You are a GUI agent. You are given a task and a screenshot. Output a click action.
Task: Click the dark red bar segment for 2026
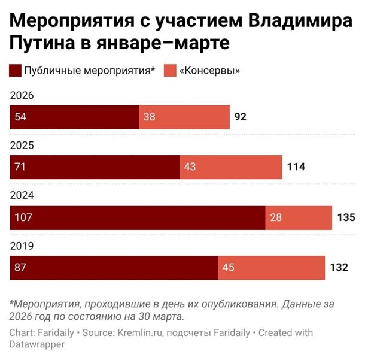74,117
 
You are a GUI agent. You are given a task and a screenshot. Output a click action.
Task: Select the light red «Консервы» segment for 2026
184,117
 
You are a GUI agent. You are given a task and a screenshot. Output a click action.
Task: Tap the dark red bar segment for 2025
95,167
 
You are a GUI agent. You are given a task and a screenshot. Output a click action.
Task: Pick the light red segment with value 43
231,167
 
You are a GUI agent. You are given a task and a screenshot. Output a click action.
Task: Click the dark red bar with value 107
138,217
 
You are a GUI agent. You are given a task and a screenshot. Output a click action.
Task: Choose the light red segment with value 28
299,217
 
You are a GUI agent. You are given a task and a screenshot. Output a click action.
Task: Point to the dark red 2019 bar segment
114,267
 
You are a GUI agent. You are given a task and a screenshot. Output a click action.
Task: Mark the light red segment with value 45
271,267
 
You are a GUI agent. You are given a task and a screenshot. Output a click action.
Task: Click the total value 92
241,117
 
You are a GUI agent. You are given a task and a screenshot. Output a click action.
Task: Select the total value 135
346,217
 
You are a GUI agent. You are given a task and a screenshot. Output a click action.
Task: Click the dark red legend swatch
15,71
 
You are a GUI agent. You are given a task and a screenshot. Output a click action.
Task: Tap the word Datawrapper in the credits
36,345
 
